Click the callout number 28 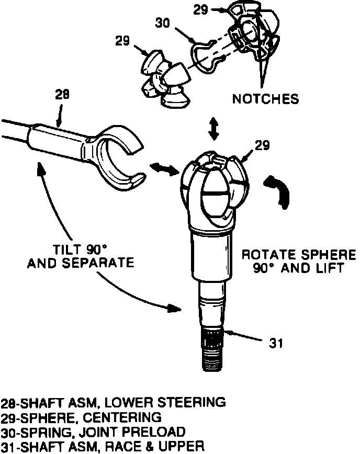(x=62, y=95)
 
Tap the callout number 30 (x=163, y=23)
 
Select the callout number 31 (x=276, y=344)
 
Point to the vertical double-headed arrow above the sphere (x=213, y=128)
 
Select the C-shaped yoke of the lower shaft (x=118, y=152)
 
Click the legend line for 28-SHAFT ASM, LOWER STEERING (x=114, y=403)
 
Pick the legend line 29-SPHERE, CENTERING (x=88, y=417)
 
